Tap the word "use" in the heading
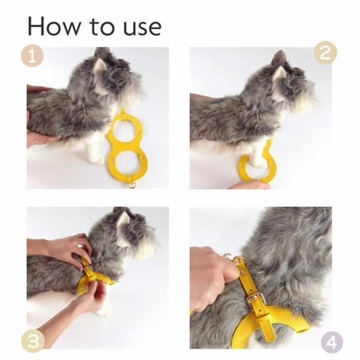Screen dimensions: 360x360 click(x=142, y=29)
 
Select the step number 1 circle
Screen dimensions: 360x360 click(x=32, y=56)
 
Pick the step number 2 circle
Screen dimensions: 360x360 click(x=326, y=53)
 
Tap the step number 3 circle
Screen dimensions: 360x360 click(x=33, y=340)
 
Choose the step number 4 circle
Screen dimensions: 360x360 click(x=331, y=343)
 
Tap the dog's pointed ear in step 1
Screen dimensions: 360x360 click(x=100, y=66)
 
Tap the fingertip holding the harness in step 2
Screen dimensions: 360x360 click(x=250, y=184)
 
